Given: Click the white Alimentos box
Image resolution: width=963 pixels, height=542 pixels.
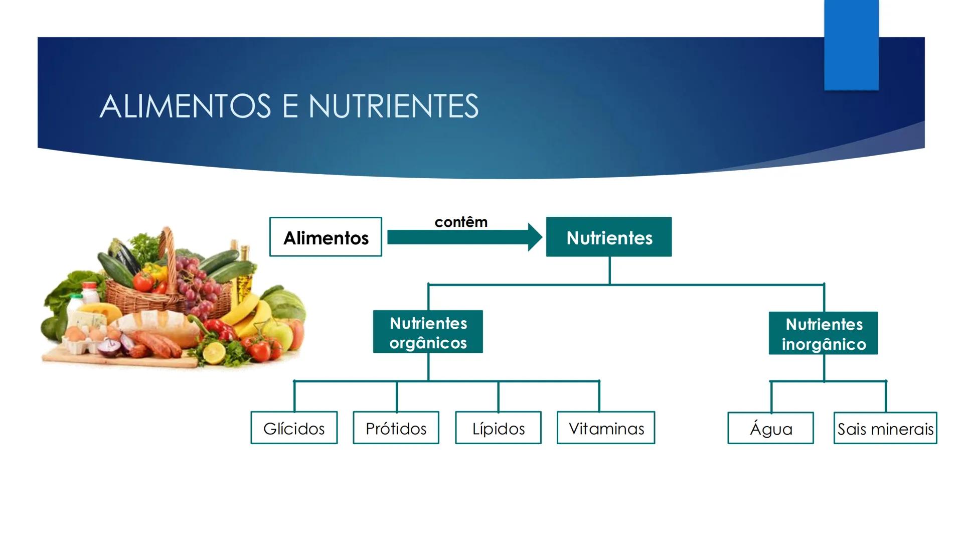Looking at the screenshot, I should click(x=326, y=237).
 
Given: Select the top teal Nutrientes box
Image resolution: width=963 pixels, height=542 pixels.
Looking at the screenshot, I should click(x=608, y=237).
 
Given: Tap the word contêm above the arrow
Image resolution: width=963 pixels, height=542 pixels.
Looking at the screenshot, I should click(x=460, y=222).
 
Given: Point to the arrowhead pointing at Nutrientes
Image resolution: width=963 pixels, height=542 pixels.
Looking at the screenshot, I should click(x=535, y=237).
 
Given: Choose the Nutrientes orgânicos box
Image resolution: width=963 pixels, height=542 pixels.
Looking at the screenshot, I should click(x=428, y=332).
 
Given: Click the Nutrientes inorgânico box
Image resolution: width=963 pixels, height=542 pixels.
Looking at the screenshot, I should click(x=823, y=333).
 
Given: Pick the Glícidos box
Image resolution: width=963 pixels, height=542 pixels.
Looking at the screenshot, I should click(x=294, y=428).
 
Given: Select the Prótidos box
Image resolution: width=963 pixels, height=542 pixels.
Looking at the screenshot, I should click(x=396, y=428).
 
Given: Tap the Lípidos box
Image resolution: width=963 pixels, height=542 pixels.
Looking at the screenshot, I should click(x=498, y=428).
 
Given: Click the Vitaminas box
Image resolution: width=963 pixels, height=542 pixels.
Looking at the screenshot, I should click(x=606, y=428).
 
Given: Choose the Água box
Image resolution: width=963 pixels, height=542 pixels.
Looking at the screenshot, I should click(x=770, y=429).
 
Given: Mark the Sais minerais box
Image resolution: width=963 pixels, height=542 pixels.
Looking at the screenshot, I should click(x=885, y=429).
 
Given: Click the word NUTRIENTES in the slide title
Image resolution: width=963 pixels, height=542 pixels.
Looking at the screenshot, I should click(x=393, y=106).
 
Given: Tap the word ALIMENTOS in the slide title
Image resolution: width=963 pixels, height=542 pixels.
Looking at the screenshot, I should click(x=186, y=106).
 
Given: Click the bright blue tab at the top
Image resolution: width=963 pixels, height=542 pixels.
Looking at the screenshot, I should click(x=851, y=45).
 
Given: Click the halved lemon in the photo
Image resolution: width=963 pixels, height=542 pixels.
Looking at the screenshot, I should click(x=214, y=352).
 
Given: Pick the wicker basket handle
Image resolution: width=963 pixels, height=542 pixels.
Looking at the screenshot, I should click(x=169, y=251).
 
